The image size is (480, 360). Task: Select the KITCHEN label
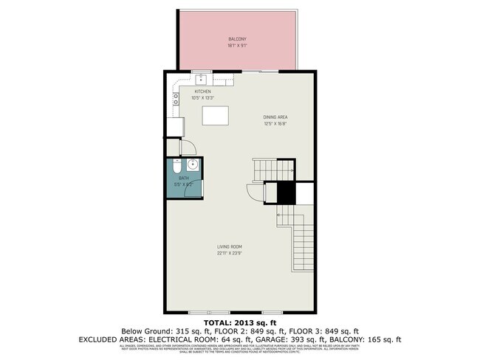[202, 91]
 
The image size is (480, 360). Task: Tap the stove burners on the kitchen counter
[175, 96]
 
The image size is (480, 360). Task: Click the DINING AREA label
[275, 117]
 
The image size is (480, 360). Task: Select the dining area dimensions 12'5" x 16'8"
[275, 125]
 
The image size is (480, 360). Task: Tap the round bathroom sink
[191, 165]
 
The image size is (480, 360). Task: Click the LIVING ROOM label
[230, 246]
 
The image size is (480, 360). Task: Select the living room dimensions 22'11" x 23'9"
[230, 254]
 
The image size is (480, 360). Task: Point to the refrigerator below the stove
[174, 127]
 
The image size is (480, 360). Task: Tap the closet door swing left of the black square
[254, 194]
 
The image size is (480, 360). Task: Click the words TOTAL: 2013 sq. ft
[240, 322]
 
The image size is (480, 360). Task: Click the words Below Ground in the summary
[145, 330]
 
